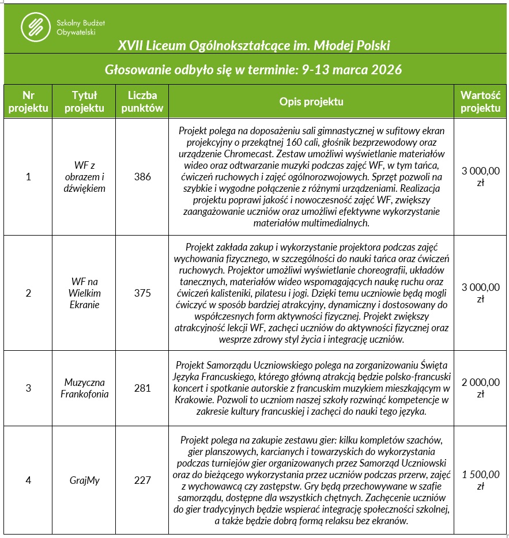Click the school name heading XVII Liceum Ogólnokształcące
(254, 45)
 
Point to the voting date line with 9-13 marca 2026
(254, 70)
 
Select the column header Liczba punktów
(142, 101)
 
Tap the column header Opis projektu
(311, 101)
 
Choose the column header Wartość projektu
(481, 101)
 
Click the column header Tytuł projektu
(84, 101)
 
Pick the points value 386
(142, 177)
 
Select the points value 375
(142, 293)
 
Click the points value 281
(142, 388)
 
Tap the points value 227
(142, 480)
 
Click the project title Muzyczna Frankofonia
(84, 388)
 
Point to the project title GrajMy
(84, 480)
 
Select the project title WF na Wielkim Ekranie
(85, 293)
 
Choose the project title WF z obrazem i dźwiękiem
(85, 177)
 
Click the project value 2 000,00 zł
(481, 388)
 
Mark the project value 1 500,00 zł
(481, 480)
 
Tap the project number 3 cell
(28, 388)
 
